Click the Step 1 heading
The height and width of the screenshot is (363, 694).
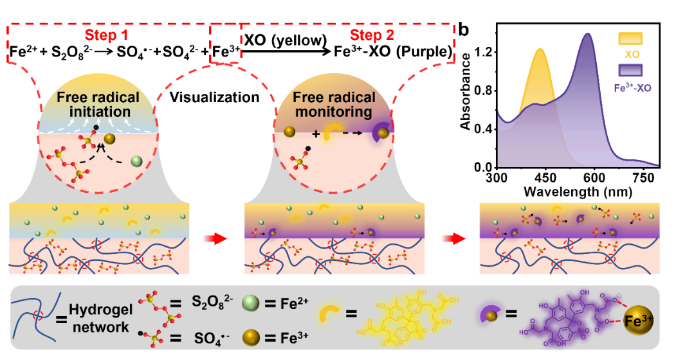[107, 35]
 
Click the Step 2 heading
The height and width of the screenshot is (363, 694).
[372, 35]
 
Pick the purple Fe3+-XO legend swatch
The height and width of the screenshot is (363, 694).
[630, 70]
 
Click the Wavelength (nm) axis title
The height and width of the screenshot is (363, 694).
[577, 191]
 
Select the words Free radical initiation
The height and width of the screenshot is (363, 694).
[98, 105]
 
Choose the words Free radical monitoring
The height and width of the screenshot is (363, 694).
[334, 105]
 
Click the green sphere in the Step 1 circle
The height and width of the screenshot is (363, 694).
[136, 162]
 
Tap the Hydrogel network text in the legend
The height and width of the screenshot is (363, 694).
[103, 319]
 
